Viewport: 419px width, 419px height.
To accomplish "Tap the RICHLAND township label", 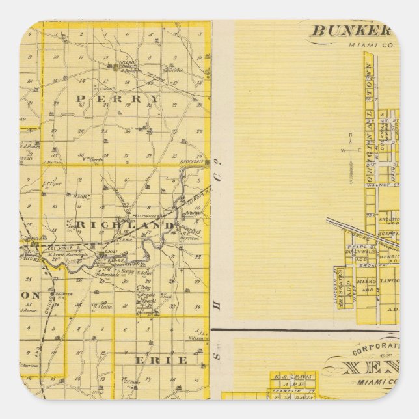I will [x=126, y=224].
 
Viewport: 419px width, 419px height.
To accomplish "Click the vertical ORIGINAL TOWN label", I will [x=369, y=110].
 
